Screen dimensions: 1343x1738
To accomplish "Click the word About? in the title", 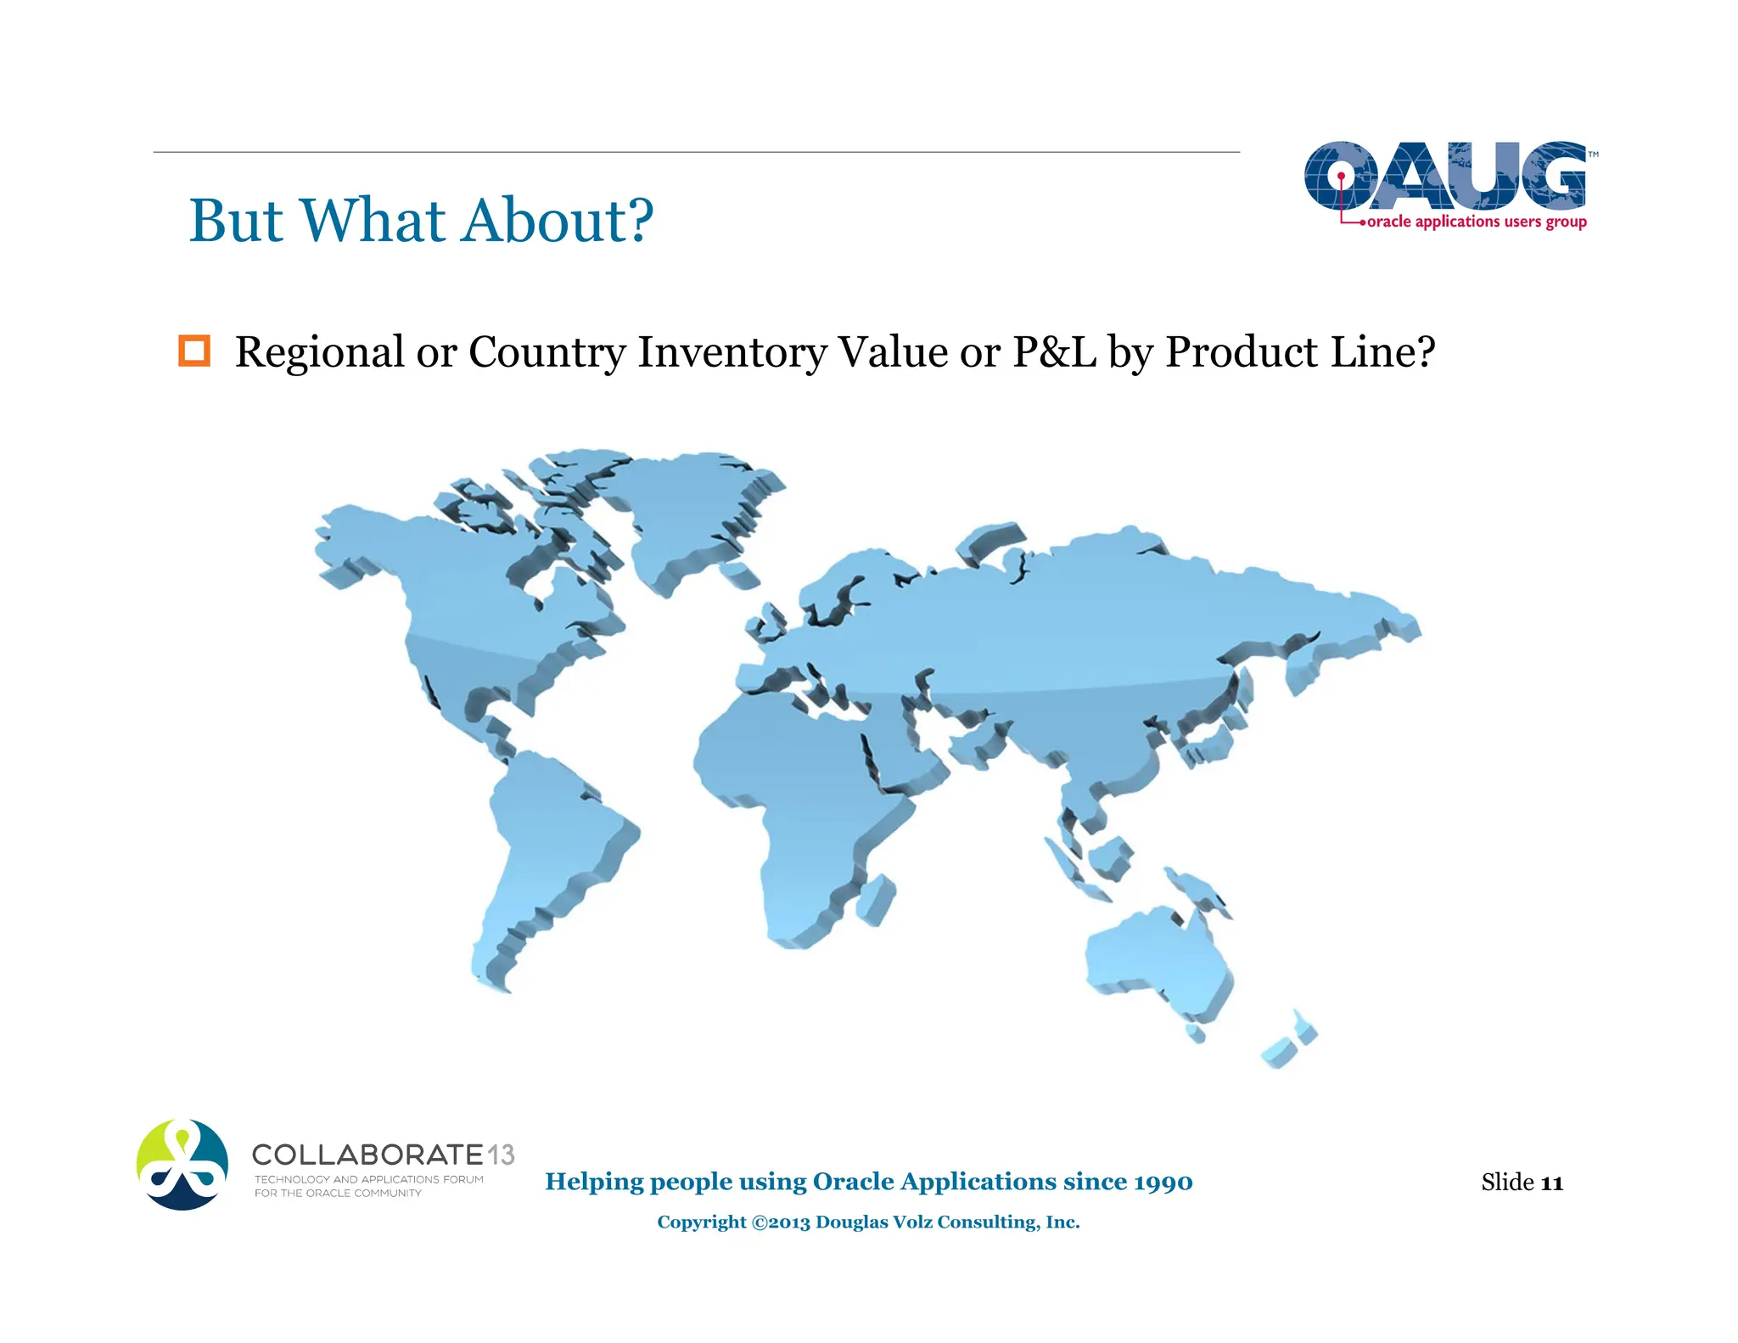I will (558, 221).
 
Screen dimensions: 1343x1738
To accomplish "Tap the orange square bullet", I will (194, 351).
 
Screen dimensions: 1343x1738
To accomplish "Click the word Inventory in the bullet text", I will (732, 352).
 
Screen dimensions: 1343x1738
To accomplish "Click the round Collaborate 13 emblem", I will (182, 1164).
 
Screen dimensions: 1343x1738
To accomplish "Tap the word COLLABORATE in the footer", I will (367, 1155).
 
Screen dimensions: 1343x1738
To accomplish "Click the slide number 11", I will (1551, 1183).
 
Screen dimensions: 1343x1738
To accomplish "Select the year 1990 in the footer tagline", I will (1163, 1182).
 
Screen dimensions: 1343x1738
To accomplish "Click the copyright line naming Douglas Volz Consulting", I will (868, 1222).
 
